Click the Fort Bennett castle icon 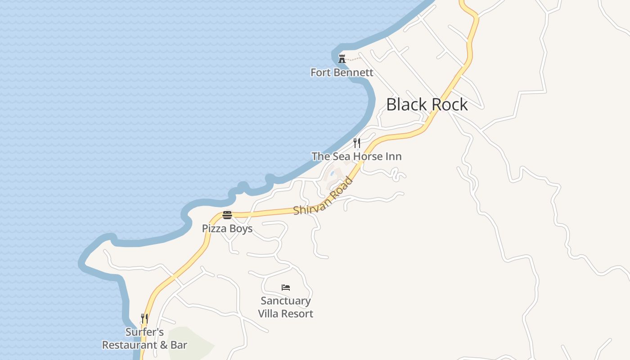click(342, 58)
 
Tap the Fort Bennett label click(342, 72)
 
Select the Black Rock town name click(427, 105)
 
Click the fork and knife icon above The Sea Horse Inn click(357, 143)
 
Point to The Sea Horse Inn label click(356, 157)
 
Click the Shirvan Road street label click(324, 197)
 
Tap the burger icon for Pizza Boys click(227, 215)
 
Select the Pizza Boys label click(227, 229)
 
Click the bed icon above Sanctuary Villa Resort click(286, 288)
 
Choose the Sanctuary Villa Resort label click(286, 307)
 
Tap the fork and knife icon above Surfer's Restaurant click(144, 319)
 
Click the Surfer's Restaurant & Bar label click(144, 339)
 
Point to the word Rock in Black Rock click(449, 105)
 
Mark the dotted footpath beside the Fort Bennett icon click(355, 59)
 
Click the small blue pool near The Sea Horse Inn click(332, 173)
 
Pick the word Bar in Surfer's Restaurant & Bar click(179, 345)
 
